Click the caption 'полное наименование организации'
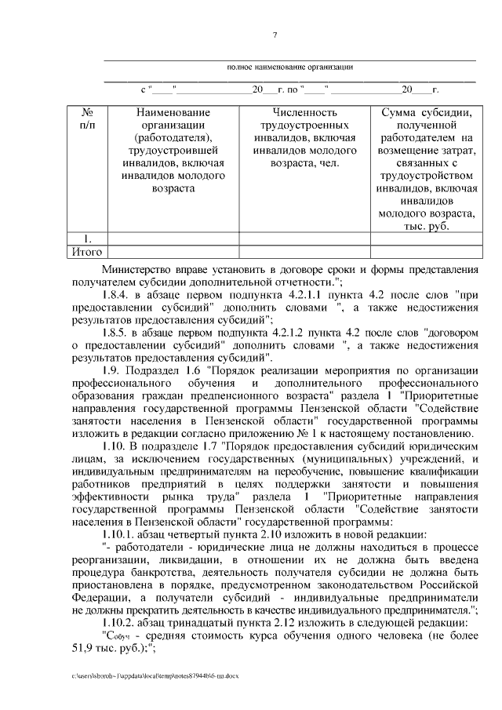290,67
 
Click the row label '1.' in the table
88,238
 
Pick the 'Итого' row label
87,252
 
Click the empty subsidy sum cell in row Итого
424,252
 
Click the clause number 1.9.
113,370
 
